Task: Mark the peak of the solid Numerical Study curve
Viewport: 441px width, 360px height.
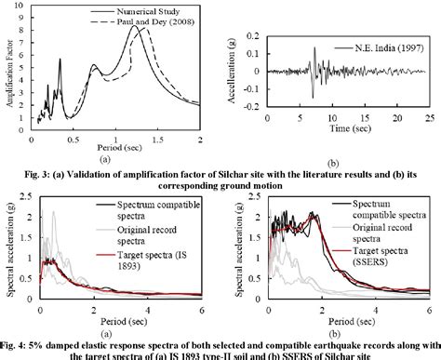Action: tap(135, 26)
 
